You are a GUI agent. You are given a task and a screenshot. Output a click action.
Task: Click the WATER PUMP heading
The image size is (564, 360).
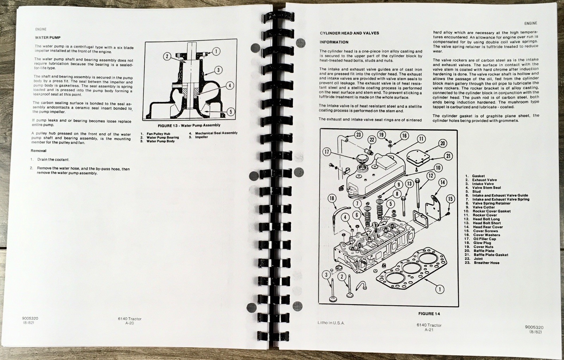[48, 37]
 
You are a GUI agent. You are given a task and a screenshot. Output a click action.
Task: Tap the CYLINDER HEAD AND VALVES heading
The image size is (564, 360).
[349, 33]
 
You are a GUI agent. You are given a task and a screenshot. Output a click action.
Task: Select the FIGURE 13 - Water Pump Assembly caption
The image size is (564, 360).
[189, 125]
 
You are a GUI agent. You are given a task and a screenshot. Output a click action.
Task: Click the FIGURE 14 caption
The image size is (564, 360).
[429, 314]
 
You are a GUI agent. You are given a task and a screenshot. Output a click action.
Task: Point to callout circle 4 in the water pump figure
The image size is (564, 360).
[229, 86]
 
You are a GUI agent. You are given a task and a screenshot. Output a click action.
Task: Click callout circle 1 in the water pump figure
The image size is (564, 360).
[216, 51]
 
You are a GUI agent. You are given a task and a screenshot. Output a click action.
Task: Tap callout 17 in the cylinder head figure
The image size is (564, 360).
[326, 152]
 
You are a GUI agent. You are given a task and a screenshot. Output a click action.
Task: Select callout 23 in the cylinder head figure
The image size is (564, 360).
[358, 135]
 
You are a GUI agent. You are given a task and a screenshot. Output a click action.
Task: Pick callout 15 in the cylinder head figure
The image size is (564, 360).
[450, 199]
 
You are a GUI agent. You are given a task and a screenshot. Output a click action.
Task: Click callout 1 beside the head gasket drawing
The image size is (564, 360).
[440, 289]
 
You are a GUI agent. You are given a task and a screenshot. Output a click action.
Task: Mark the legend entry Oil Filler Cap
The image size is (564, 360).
[485, 239]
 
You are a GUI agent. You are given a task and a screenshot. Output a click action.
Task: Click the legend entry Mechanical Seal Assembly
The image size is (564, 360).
[216, 133]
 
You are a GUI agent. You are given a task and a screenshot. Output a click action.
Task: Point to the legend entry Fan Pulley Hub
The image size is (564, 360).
[158, 134]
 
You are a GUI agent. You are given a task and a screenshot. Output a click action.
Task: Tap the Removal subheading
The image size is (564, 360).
[38, 151]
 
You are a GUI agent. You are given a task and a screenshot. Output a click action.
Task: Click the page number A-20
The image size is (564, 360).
[130, 323]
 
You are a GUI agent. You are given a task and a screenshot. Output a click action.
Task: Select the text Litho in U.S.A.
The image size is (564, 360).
[331, 323]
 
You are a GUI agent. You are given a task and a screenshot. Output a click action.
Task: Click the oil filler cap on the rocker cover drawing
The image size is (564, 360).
[362, 159]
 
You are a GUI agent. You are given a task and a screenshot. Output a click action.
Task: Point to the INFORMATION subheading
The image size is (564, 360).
[334, 42]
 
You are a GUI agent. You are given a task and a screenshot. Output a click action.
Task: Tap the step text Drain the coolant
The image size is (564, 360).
[53, 160]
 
